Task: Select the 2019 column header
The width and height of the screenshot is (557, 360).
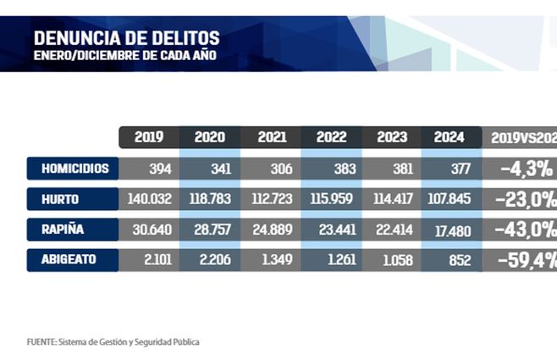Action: [x=149, y=137]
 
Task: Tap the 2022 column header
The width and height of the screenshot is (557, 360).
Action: [x=331, y=137]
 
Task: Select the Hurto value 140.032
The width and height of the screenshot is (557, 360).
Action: [x=149, y=200]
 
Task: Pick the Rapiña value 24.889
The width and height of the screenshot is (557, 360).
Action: [x=270, y=230]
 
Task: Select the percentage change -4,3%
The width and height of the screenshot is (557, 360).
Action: [x=527, y=169]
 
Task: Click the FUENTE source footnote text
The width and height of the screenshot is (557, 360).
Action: [x=113, y=341]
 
